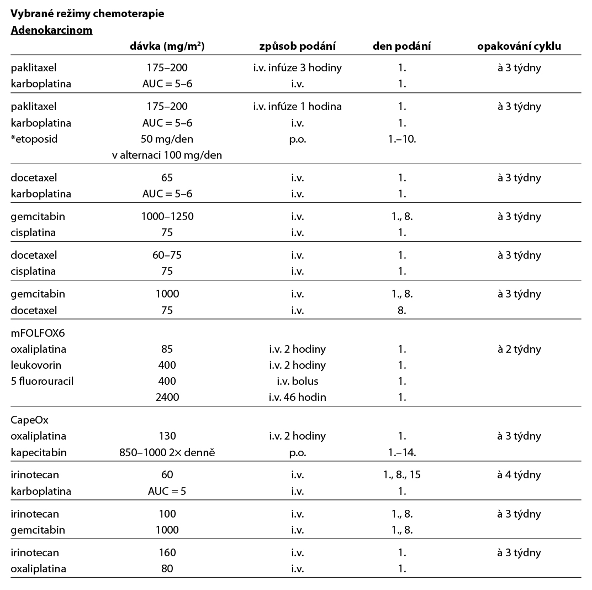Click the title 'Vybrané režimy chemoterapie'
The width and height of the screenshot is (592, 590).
pyautogui.click(x=87, y=14)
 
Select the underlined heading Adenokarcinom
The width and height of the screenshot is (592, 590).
pyautogui.click(x=51, y=30)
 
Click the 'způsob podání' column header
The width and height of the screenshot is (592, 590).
pyautogui.click(x=297, y=46)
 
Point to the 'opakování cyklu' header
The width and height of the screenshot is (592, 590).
pyautogui.click(x=519, y=46)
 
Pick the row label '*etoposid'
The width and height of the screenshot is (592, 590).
pyautogui.click(x=34, y=139)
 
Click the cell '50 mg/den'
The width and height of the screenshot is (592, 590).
pyautogui.click(x=167, y=139)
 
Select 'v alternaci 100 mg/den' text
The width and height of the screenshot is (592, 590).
pyautogui.click(x=167, y=155)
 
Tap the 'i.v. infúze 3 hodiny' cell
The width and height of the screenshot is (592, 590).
pyautogui.click(x=297, y=68)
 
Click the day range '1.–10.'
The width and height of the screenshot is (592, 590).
pyautogui.click(x=402, y=139)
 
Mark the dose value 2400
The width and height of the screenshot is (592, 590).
pyautogui.click(x=167, y=397)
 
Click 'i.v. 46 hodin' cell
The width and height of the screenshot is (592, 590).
pyautogui.click(x=297, y=397)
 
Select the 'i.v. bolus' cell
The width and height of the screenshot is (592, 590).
pyautogui.click(x=297, y=381)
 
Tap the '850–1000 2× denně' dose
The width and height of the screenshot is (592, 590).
pyautogui.click(x=167, y=452)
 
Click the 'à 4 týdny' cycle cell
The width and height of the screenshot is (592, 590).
pyautogui.click(x=519, y=474)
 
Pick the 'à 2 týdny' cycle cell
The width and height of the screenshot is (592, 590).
pyautogui.click(x=519, y=349)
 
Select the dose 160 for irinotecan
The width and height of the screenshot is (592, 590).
pyautogui.click(x=167, y=552)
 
